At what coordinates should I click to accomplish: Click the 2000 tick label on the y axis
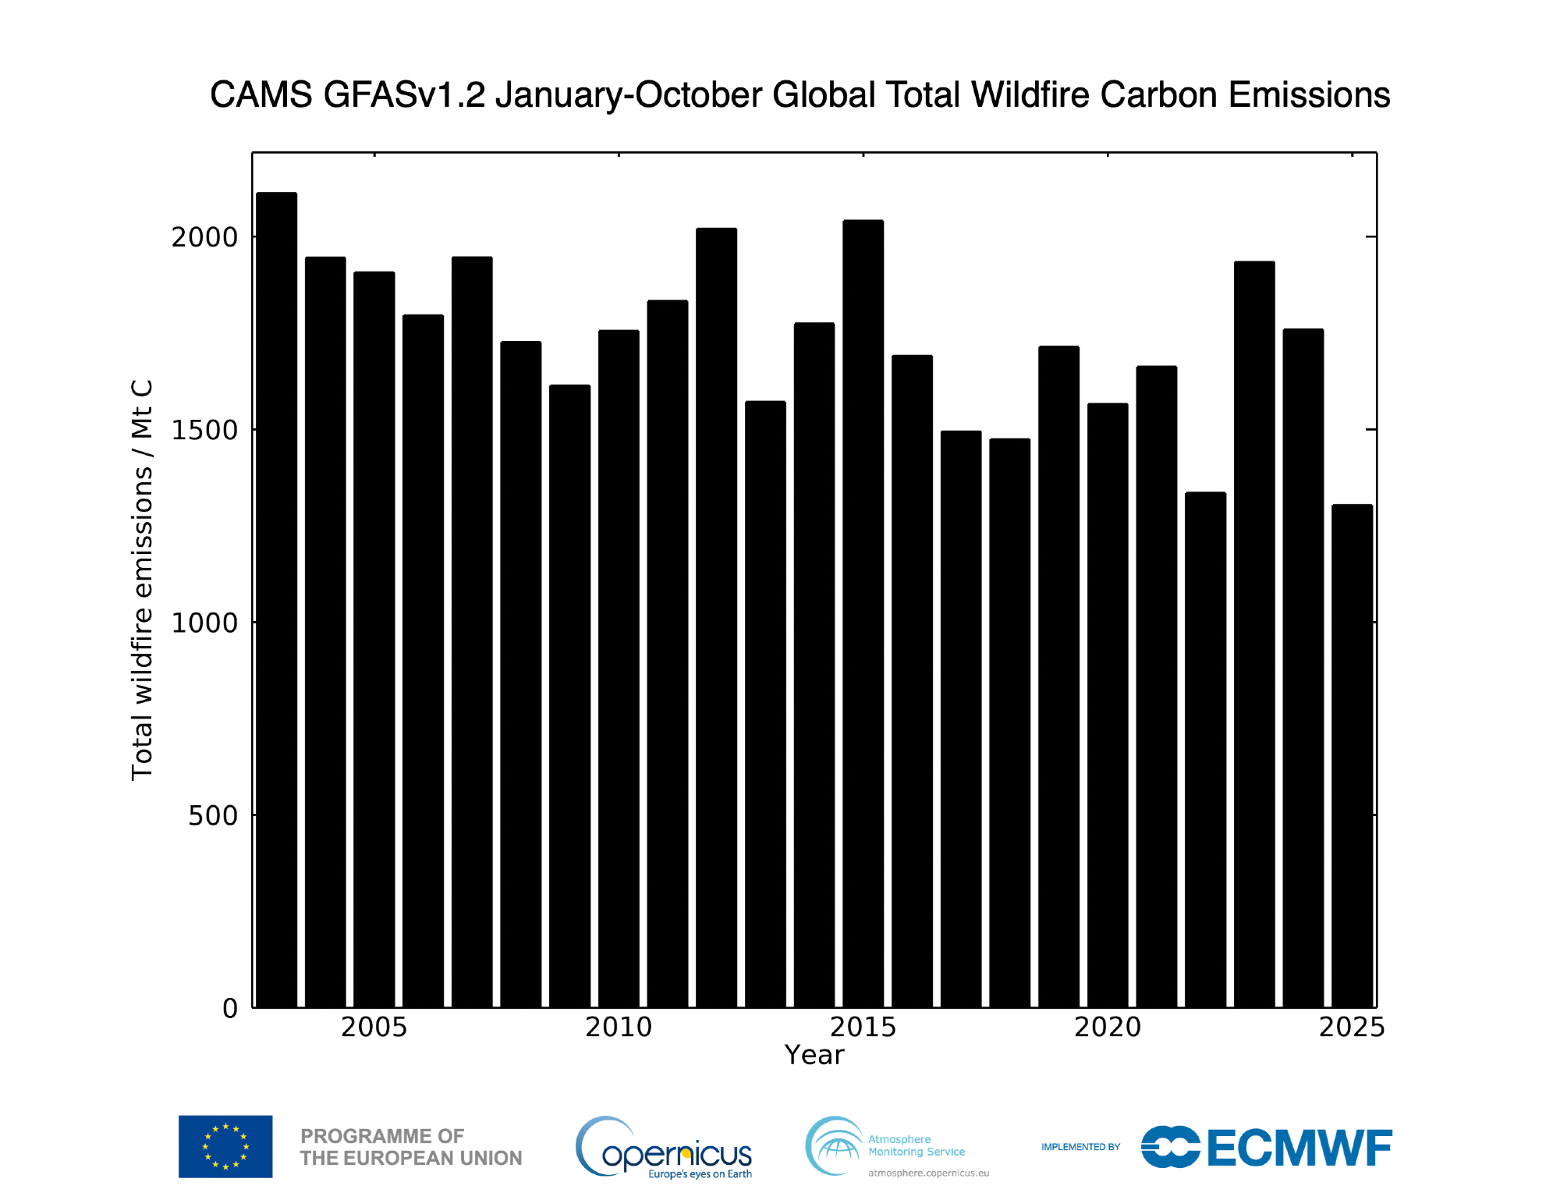(x=204, y=237)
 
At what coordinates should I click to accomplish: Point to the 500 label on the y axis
(x=213, y=816)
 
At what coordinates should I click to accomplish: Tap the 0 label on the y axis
(x=230, y=1009)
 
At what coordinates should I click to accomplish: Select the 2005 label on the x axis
(x=374, y=1028)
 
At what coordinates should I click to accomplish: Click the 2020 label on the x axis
(x=1108, y=1028)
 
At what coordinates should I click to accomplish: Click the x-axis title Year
(x=814, y=1056)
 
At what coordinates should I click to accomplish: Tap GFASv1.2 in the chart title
(x=404, y=95)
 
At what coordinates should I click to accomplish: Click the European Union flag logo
(x=225, y=1146)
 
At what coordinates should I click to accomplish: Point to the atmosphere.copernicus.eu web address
(x=928, y=1173)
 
